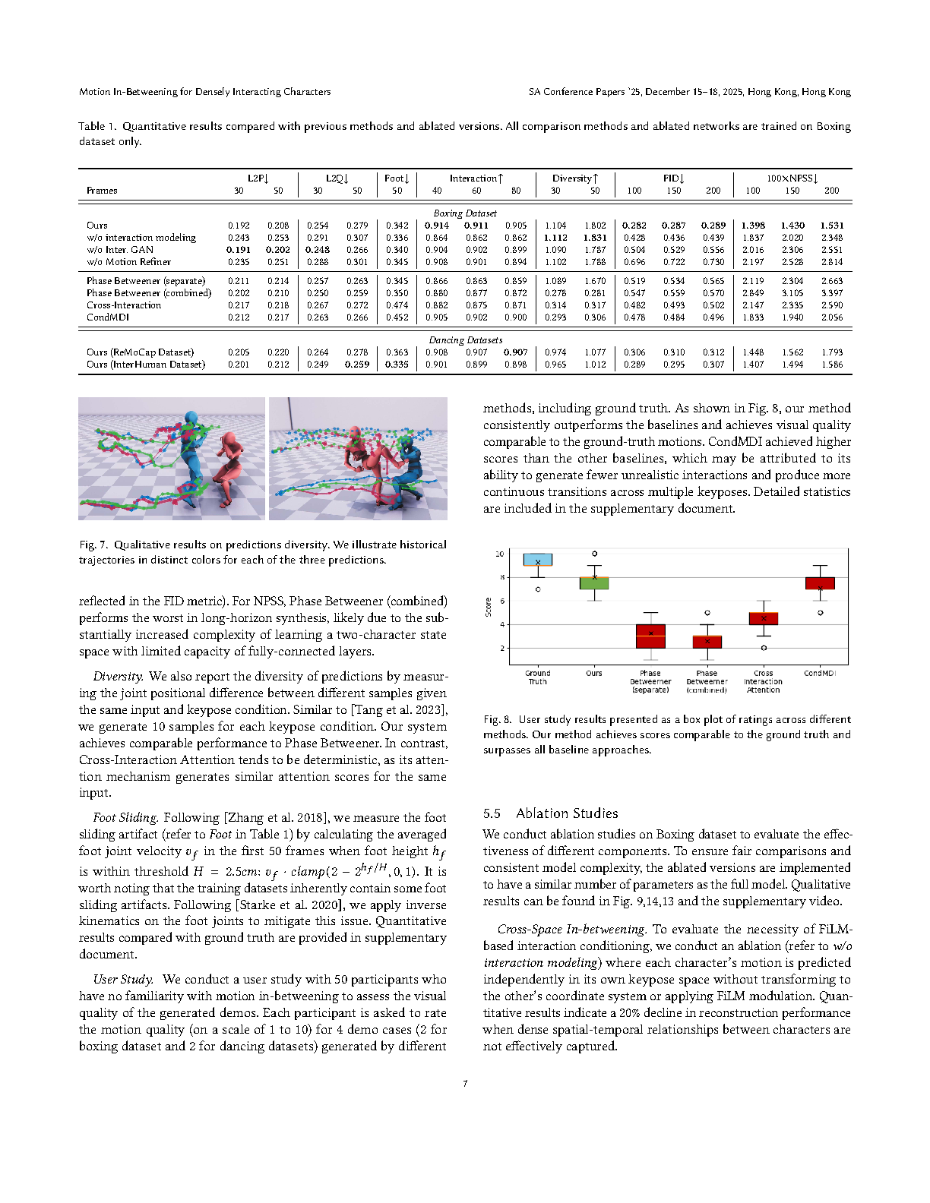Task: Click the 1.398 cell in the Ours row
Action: coord(752,226)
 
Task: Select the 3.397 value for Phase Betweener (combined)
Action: coord(831,293)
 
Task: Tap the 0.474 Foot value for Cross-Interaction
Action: coord(397,305)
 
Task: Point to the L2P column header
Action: coord(258,178)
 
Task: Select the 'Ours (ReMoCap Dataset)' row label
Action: coord(140,352)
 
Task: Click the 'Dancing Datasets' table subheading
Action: coord(465,340)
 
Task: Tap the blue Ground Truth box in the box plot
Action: coord(538,560)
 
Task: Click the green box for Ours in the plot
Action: coord(594,583)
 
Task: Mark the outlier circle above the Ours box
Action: coord(594,554)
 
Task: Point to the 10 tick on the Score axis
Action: coord(499,554)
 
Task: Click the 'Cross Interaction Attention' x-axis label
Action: coord(763,681)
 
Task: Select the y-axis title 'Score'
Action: coord(489,607)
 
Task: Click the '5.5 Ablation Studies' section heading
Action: coord(551,813)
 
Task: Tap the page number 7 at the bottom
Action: coord(465,1084)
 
